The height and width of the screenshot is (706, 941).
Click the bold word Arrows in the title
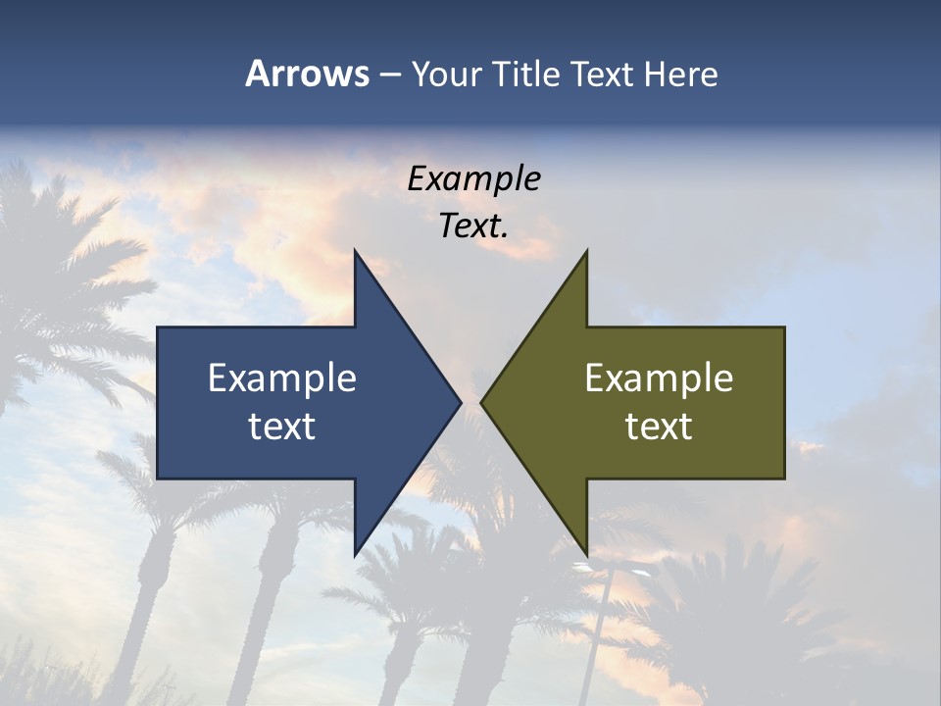point(307,74)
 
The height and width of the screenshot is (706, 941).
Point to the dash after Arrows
point(389,75)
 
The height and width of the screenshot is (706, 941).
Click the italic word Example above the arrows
point(473,178)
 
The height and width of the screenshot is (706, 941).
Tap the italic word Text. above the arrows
point(473,226)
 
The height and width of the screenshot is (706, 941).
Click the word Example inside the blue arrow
point(282,378)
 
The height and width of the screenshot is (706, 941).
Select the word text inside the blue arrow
point(282,426)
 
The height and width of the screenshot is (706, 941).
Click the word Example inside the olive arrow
point(659,378)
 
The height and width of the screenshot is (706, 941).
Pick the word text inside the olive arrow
point(659,426)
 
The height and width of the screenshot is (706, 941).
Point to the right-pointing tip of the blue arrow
point(461,402)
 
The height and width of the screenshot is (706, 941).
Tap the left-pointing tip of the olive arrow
point(481,402)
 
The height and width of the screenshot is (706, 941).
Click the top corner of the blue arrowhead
point(355,251)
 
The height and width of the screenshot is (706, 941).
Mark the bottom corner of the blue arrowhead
point(355,555)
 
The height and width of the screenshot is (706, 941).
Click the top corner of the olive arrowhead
point(586,251)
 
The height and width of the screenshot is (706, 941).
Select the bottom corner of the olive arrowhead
point(586,555)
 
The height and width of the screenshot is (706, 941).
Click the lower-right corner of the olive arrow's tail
point(784,478)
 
